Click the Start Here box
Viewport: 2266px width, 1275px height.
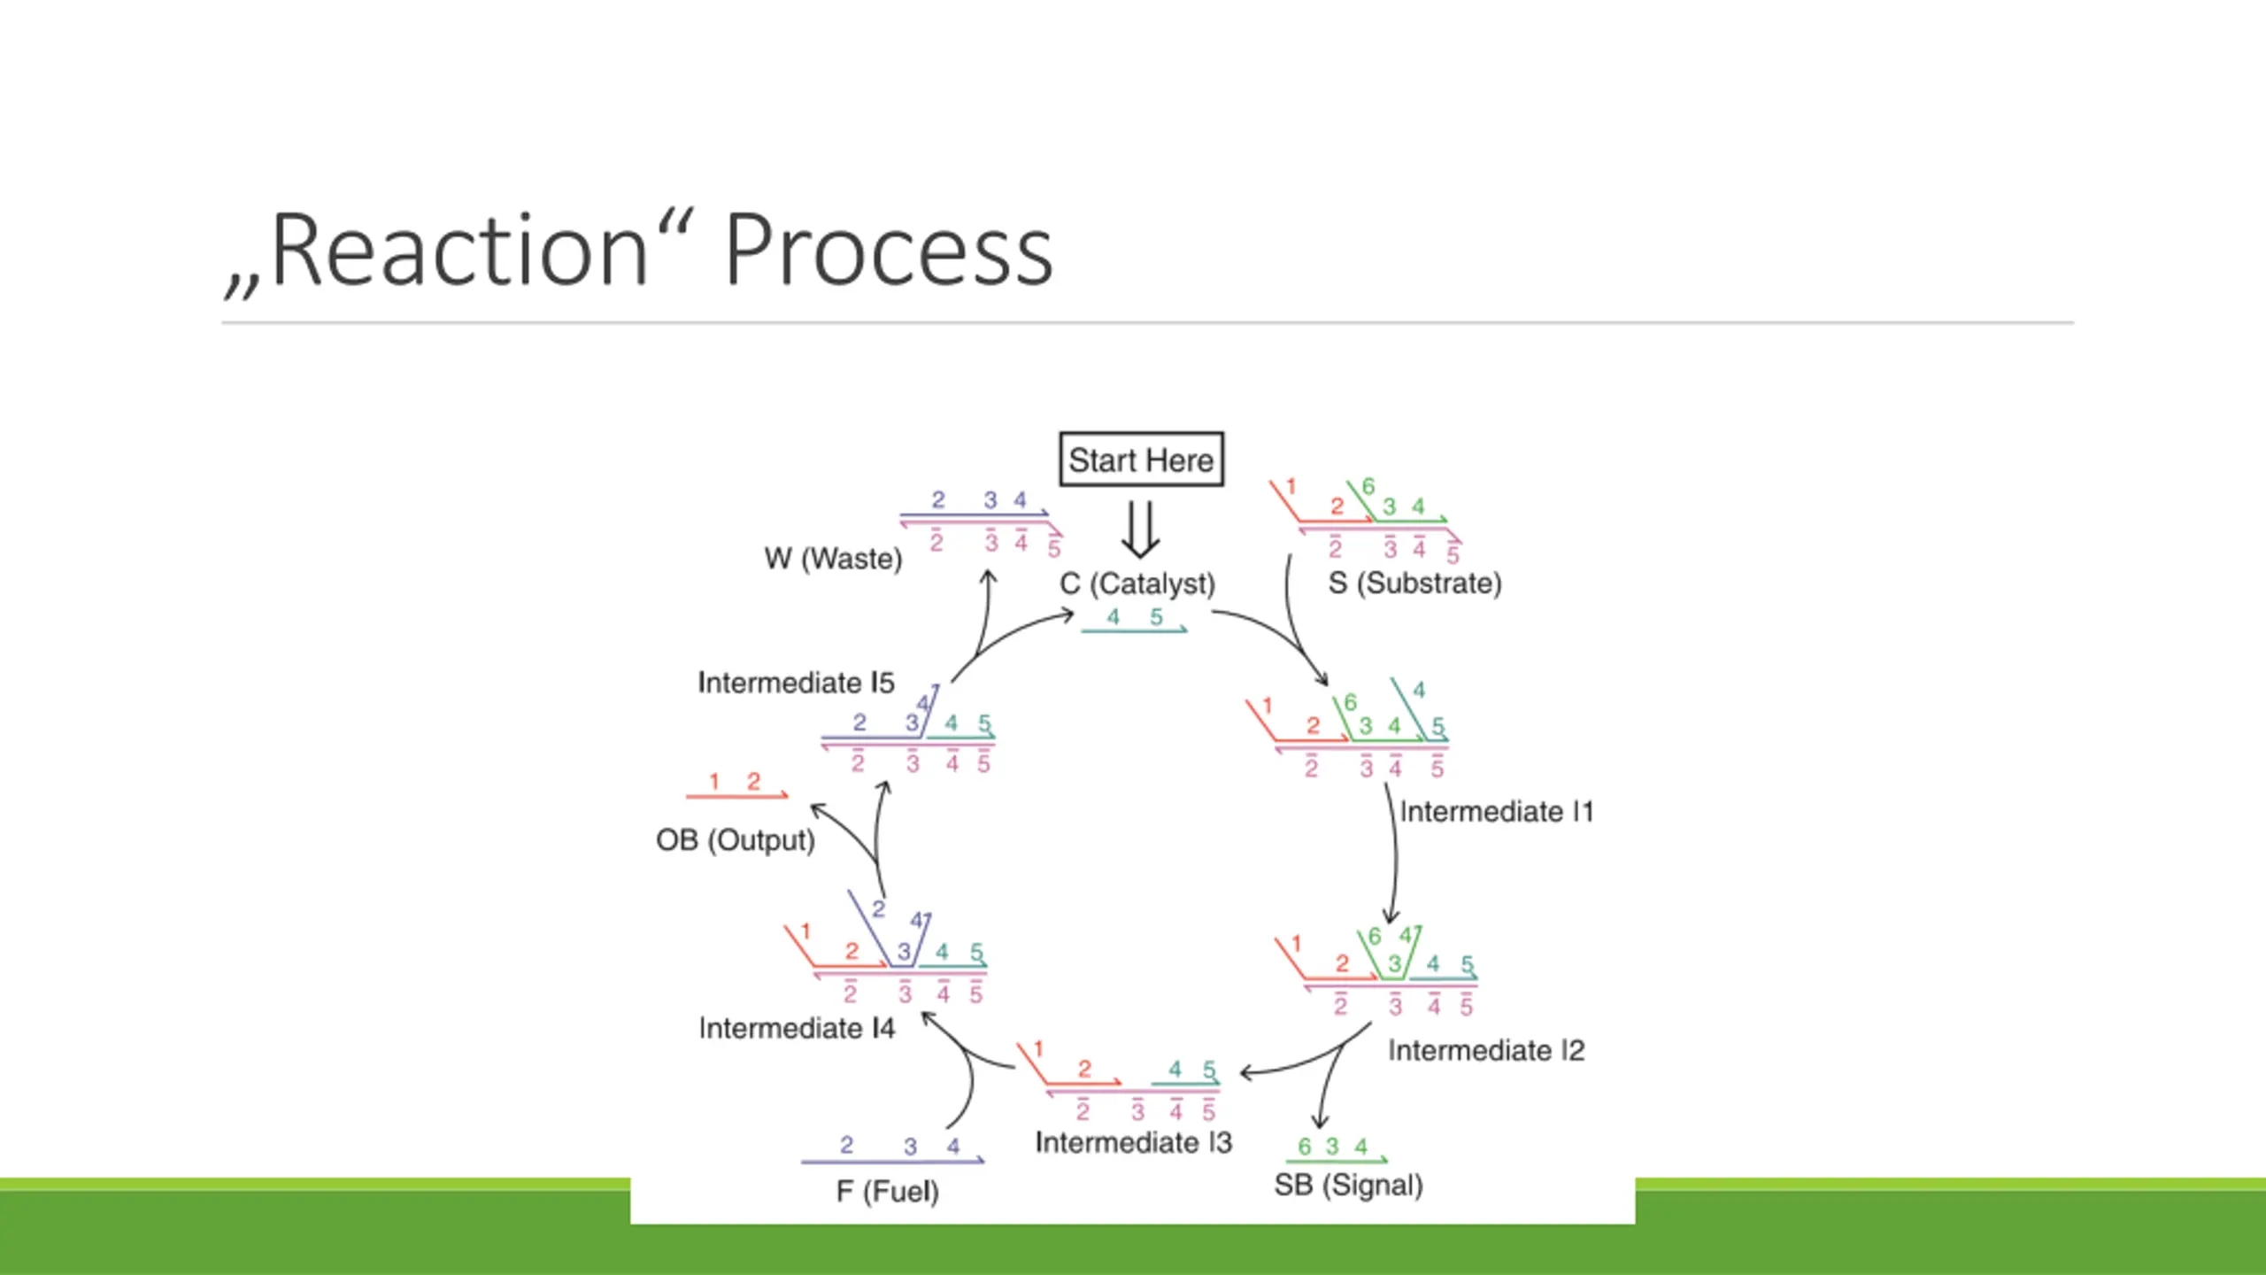tap(1141, 460)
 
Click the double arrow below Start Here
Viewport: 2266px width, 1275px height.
tap(1140, 529)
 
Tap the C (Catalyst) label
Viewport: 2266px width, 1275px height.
tap(1137, 584)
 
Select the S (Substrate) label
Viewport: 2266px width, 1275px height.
tap(1414, 583)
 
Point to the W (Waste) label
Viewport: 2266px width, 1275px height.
tap(833, 559)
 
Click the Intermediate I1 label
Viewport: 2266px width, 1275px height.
tap(1496, 812)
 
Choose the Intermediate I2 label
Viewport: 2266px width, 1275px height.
tap(1486, 1051)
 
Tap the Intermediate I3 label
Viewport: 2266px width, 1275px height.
tap(1133, 1143)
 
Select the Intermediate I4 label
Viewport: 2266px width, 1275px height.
tap(797, 1029)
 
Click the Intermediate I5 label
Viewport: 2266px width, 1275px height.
tap(796, 683)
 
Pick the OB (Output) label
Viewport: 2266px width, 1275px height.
tap(735, 840)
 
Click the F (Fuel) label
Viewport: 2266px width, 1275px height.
tap(887, 1192)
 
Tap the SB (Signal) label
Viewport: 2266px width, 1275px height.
tap(1348, 1186)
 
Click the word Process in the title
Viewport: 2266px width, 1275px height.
tap(889, 251)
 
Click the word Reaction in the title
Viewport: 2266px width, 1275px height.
tap(460, 251)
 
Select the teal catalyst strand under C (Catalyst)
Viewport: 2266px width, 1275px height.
tap(1133, 630)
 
